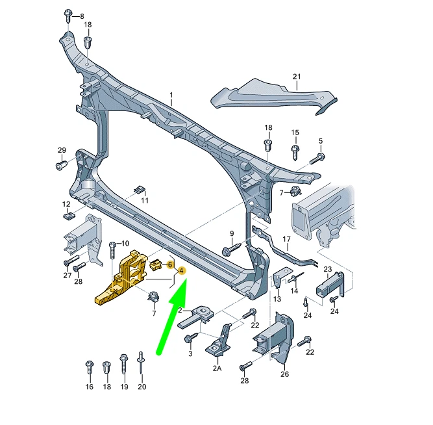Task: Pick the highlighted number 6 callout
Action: tap(170, 264)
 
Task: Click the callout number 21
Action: tap(297, 77)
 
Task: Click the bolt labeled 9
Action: tap(230, 249)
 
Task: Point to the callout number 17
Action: tap(286, 222)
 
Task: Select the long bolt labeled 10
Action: tap(112, 250)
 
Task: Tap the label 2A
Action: tap(216, 368)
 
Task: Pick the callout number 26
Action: tap(284, 374)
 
